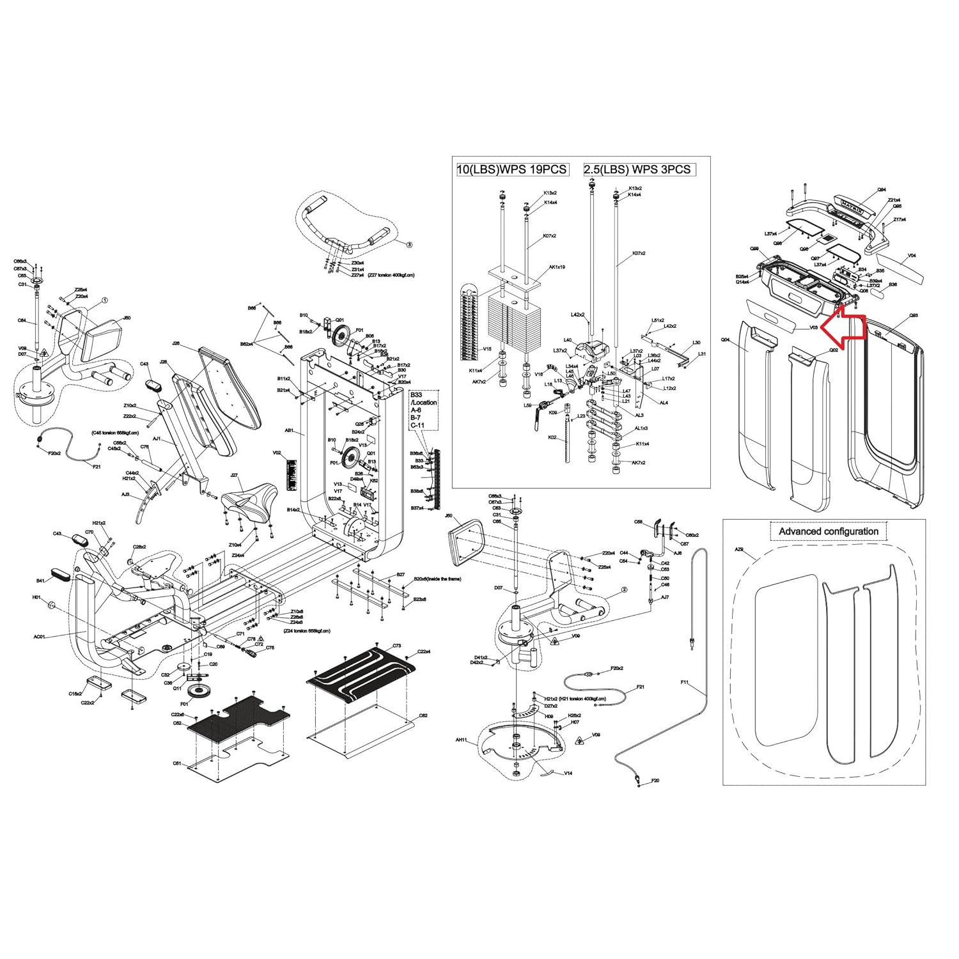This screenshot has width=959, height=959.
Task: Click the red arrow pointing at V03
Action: (844, 327)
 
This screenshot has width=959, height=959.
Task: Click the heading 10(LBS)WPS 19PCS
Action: (511, 169)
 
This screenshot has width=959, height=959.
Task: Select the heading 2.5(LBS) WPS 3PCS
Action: (637, 169)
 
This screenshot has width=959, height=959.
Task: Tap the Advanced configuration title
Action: (828, 531)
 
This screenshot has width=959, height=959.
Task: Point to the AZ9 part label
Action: (739, 549)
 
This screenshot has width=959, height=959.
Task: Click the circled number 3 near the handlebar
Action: (410, 244)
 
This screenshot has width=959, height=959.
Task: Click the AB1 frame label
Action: (289, 431)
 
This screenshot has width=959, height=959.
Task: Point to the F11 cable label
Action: (685, 683)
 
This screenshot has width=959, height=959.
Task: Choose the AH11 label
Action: (461, 740)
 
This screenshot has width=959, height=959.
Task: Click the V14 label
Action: (568, 773)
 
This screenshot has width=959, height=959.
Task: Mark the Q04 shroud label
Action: (725, 340)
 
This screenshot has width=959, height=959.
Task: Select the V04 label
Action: (912, 256)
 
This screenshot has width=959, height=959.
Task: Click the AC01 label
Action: (40, 637)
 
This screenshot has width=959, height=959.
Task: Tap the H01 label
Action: (36, 597)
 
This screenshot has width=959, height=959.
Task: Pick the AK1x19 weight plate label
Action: (557, 267)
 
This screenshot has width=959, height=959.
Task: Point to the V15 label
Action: (487, 349)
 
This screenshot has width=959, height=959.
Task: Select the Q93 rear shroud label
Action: (914, 315)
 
